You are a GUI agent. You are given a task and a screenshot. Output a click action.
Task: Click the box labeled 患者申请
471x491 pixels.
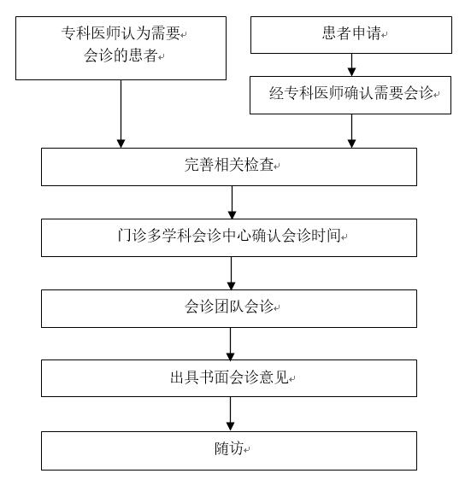350,35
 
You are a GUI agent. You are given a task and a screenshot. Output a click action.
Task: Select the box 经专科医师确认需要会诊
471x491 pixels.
350,95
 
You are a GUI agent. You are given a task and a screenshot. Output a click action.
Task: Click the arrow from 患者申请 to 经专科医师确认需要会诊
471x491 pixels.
350,64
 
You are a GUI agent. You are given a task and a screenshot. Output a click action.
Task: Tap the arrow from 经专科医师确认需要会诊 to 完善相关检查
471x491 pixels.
350,130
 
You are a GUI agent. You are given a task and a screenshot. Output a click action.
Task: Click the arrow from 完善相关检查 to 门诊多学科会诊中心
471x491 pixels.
231,202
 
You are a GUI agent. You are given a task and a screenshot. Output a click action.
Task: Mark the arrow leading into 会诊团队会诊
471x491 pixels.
231,272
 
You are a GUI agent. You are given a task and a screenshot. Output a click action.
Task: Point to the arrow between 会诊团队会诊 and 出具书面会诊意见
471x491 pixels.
231,343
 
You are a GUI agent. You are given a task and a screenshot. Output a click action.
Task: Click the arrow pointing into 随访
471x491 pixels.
231,413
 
